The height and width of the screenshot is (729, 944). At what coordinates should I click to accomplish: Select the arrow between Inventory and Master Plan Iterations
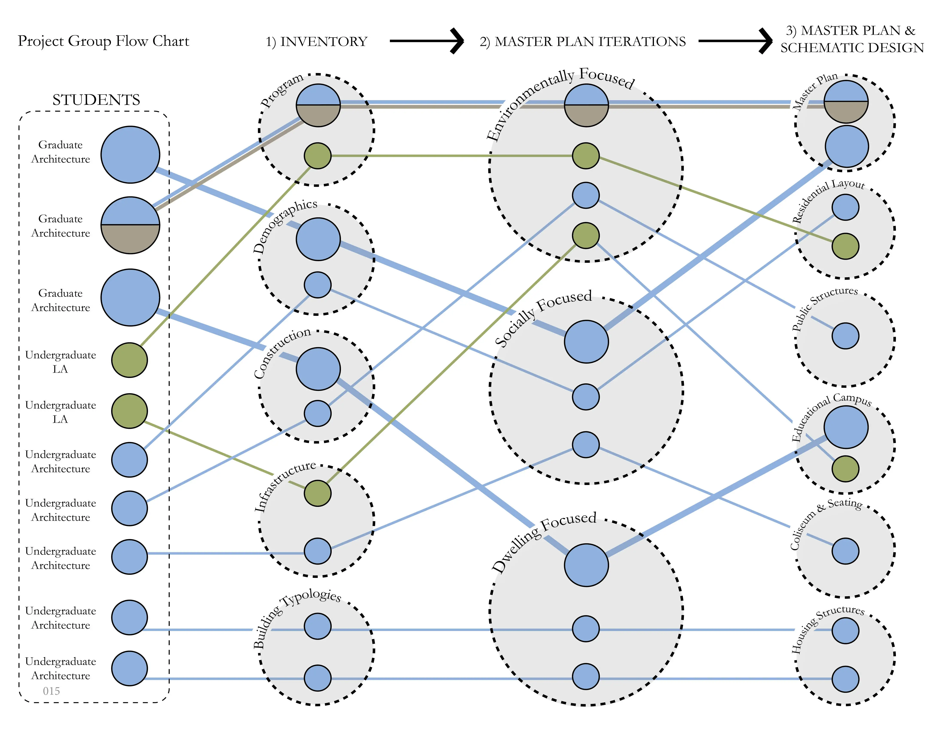coord(427,41)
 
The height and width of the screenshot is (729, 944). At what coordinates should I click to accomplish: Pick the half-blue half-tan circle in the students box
coord(130,225)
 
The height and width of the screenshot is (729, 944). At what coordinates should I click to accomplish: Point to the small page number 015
coord(51,691)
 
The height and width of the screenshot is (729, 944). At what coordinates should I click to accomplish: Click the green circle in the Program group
coord(318,156)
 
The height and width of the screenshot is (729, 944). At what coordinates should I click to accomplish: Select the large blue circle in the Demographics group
coord(318,239)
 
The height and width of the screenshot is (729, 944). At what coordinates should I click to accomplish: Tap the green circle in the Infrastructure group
coord(318,493)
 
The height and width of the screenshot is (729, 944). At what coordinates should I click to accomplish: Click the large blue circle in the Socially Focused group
coord(586,342)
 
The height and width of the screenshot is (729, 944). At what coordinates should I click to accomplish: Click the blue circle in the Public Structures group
coord(846,336)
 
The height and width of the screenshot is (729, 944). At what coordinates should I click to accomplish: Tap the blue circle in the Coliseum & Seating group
coord(846,551)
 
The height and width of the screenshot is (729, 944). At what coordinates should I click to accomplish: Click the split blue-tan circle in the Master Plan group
coord(846,102)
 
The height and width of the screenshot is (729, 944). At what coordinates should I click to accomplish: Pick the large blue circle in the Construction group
coord(318,369)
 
